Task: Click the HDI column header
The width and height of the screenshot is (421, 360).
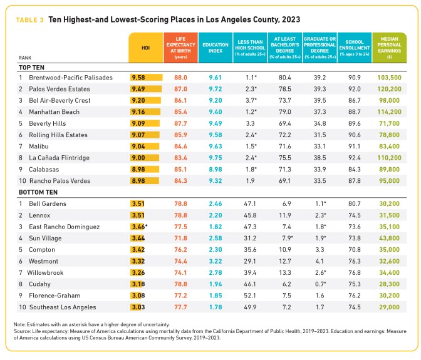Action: click(147, 46)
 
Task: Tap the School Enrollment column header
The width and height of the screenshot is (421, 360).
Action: click(355, 46)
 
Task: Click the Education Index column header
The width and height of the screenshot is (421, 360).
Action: click(215, 46)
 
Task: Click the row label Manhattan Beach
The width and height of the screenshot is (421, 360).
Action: click(52, 111)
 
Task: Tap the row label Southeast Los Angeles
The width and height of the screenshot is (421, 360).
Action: click(61, 307)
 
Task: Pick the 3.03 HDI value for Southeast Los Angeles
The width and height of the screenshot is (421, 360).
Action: click(138, 307)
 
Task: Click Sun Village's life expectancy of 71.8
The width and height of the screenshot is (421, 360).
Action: click(181, 239)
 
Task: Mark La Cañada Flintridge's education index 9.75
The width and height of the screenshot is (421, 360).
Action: click(215, 158)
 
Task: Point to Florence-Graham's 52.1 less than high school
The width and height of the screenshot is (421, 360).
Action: click(249, 296)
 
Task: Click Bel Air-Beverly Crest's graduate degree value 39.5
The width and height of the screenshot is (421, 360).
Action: click(320, 100)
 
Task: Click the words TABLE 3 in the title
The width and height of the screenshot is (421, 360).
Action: click(29, 19)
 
